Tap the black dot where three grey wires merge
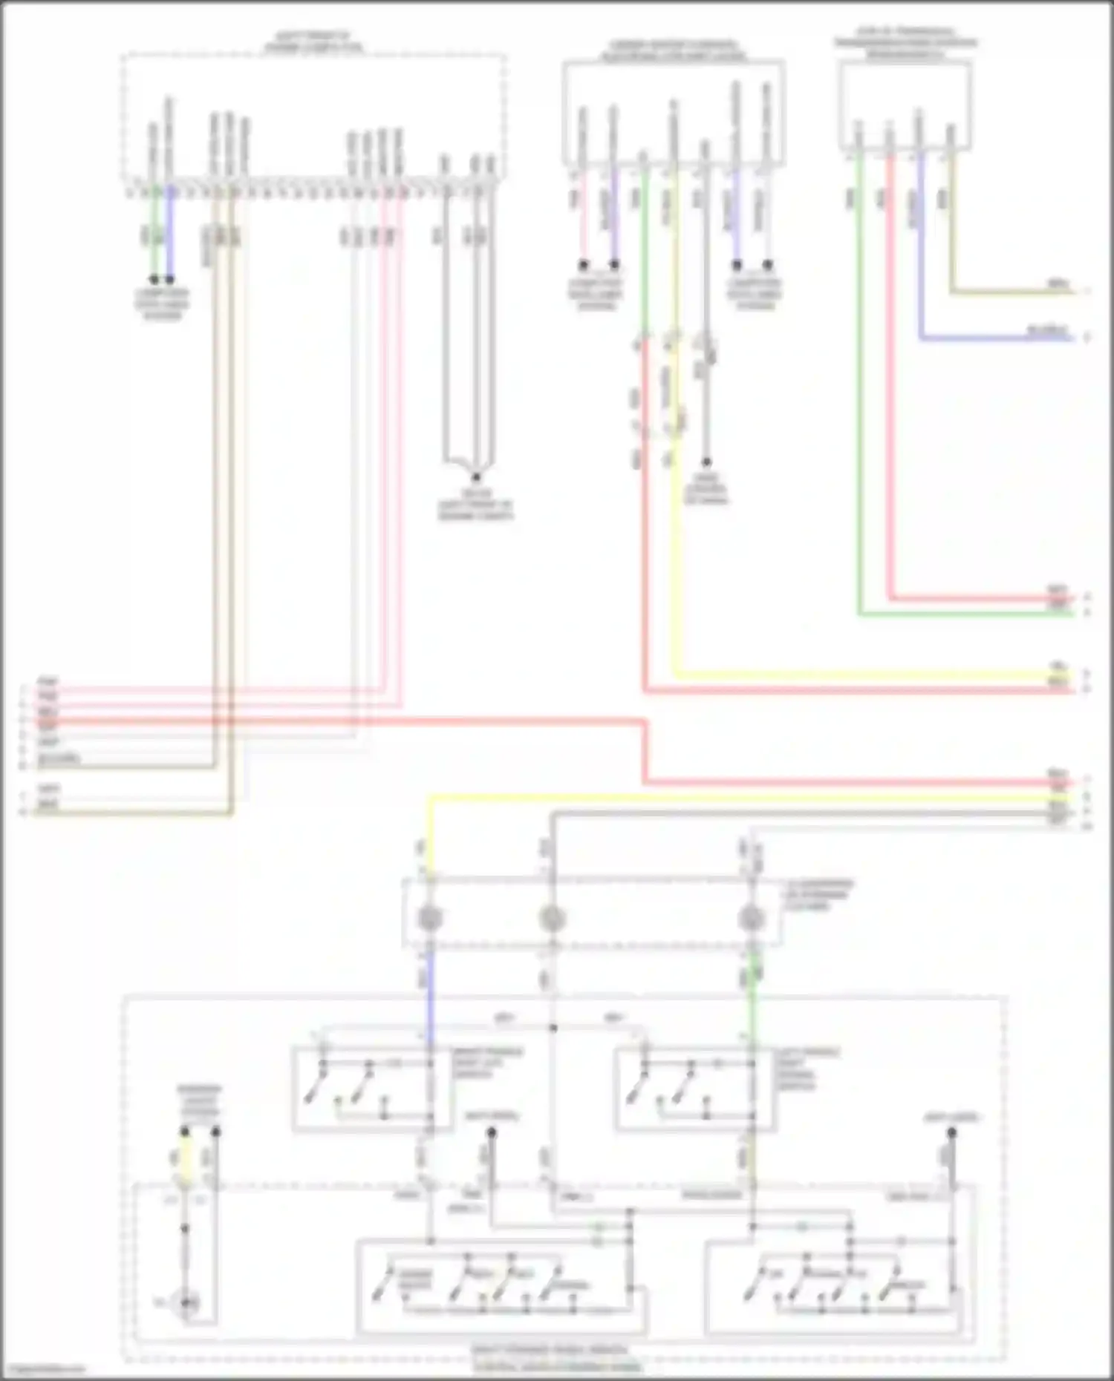pos(476,477)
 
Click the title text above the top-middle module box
pos(673,51)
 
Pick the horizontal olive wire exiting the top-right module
pos(1010,292)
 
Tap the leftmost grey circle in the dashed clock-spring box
pos(430,919)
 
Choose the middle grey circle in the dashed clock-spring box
pos(552,919)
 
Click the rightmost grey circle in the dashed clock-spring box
pos(752,919)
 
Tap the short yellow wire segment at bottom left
pos(185,1158)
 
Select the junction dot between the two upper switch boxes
pos(553,1028)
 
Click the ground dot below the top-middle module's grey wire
pos(706,462)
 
